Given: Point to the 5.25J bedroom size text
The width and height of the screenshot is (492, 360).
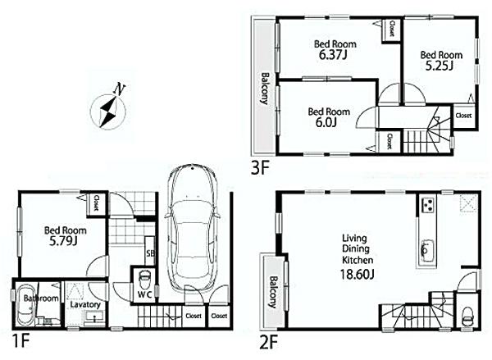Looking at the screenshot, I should tap(437, 66).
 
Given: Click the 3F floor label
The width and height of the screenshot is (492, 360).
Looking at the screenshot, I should tap(261, 169).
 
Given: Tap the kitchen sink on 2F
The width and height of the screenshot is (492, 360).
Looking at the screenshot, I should tap(426, 246).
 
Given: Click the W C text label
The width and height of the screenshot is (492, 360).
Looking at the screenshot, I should tap(144, 293).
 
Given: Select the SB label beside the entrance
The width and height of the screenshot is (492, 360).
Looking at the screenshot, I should tap(149, 254).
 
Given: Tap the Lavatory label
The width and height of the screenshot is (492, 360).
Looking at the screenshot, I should tap(84, 304).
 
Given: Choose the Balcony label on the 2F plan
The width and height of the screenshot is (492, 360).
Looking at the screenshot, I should tap(271, 291).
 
